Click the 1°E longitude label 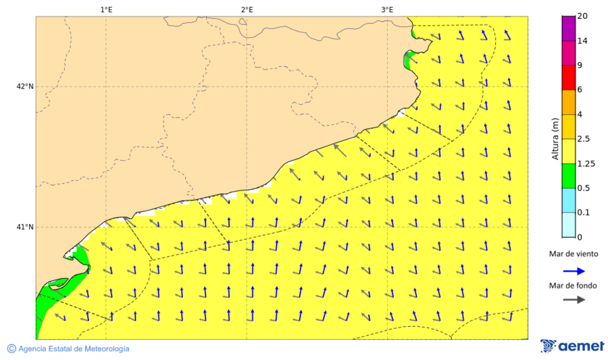pos(106,9)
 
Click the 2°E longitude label pos(247,9)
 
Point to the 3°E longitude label pos(387,9)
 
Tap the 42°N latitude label pos(25,86)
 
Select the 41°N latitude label pos(25,227)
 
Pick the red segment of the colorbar pos(568,77)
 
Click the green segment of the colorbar pos(568,176)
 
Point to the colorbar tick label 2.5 pos(585,139)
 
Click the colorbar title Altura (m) pos(555,138)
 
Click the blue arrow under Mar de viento pos(573,269)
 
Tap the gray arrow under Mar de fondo pos(573,300)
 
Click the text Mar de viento pos(573,254)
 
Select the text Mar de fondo pos(573,285)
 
